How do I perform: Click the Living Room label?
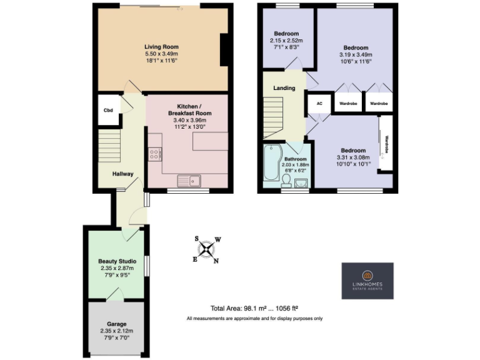coord(161,47)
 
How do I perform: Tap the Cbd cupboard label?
coord(108,111)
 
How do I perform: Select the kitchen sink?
coord(187,181)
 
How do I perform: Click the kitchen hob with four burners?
coord(155,154)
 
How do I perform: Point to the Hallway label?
coord(122,174)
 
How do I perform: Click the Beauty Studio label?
coord(117,261)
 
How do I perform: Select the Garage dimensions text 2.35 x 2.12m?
coord(117,331)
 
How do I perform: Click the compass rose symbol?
coord(207,250)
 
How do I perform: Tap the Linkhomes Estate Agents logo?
coord(367,281)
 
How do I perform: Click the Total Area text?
coord(254,308)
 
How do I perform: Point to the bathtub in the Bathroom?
coord(272,165)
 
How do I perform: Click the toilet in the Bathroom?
coord(286,181)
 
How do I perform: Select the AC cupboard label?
coord(319,103)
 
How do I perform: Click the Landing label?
coord(284,88)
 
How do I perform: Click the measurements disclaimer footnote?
coord(254,319)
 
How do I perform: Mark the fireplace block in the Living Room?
coord(224,49)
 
